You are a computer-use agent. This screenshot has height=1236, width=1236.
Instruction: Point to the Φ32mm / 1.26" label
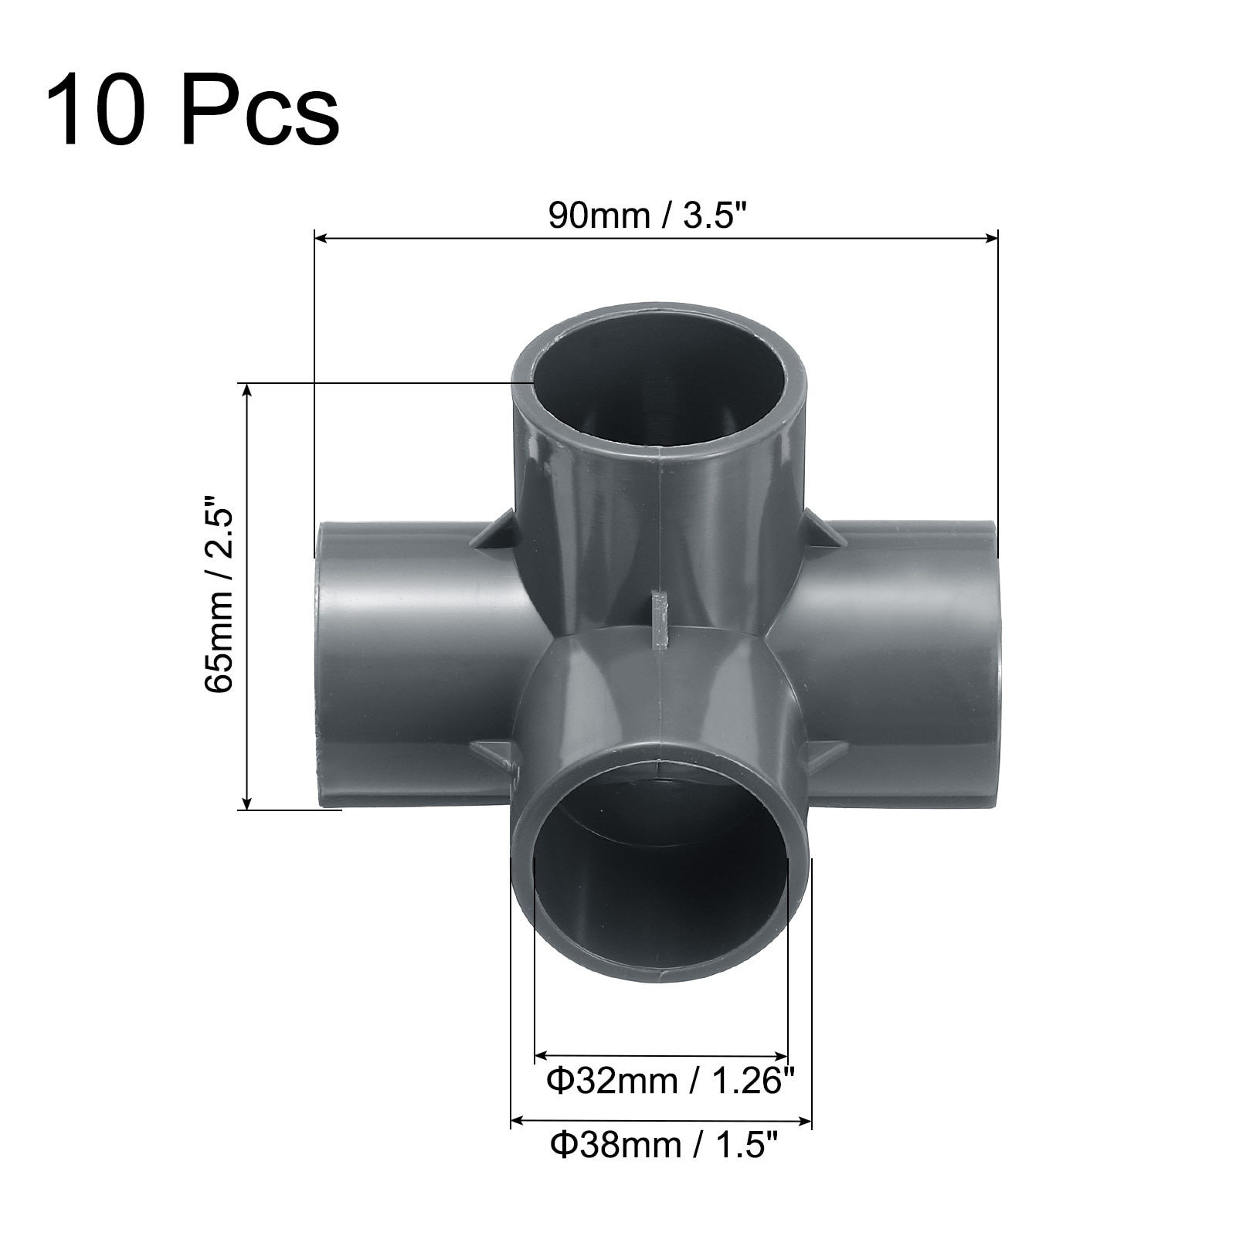click(671, 1081)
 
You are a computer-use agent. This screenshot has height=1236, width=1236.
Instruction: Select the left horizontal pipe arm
click(417, 664)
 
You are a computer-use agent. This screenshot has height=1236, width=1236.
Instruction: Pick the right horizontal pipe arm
click(896, 664)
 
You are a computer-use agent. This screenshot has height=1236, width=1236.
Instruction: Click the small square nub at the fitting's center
click(660, 620)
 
